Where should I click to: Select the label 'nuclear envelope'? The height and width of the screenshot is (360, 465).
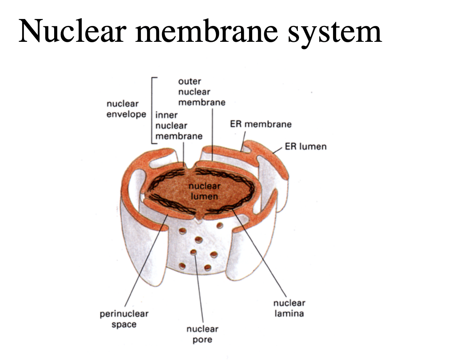point(126,109)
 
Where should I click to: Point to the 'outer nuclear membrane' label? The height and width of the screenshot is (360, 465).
point(201,92)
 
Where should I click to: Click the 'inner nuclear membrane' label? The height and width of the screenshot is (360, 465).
point(178,125)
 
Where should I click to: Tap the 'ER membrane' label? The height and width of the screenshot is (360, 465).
point(260,124)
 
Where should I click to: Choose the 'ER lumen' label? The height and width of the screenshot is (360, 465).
point(306,147)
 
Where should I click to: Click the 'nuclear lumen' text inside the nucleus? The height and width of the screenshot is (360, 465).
point(204,191)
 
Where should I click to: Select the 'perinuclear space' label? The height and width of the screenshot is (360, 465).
point(124,319)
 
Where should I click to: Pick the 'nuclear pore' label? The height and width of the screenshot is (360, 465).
point(202,334)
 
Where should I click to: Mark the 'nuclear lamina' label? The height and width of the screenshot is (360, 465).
point(289,308)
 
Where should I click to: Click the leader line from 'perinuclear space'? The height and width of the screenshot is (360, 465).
point(145,263)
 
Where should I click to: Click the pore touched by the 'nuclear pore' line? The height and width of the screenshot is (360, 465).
point(193,252)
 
